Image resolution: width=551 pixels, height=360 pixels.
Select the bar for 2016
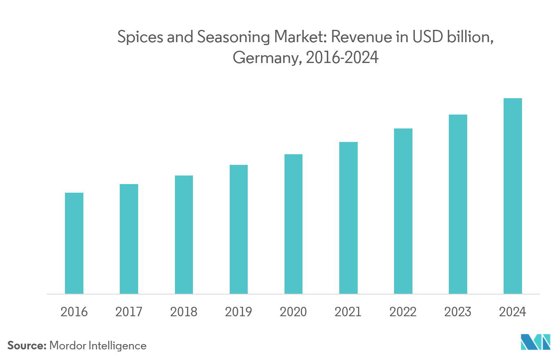pyautogui.click(x=74, y=243)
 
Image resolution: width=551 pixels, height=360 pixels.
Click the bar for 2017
pyautogui.click(x=129, y=239)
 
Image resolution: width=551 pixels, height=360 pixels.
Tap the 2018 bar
pyautogui.click(x=184, y=234)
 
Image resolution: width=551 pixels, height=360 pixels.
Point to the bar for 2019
pyautogui.click(x=239, y=229)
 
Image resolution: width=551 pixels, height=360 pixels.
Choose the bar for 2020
pyautogui.click(x=293, y=224)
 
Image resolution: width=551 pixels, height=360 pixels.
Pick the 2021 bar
pyautogui.click(x=348, y=218)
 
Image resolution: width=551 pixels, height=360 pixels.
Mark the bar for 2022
pyautogui.click(x=403, y=211)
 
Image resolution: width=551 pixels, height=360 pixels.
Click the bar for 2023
pyautogui.click(x=458, y=204)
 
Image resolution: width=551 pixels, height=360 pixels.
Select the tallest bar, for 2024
pyautogui.click(x=513, y=196)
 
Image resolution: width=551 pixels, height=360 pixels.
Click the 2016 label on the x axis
pyautogui.click(x=74, y=312)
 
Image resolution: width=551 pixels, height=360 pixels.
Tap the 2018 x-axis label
pyautogui.click(x=184, y=312)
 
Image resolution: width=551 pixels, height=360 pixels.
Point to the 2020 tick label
pyautogui.click(x=293, y=312)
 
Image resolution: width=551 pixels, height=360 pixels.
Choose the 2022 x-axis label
pyautogui.click(x=403, y=312)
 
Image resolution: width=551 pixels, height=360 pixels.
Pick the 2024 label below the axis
pyautogui.click(x=513, y=312)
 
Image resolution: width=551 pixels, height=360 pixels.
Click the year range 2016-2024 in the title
pyautogui.click(x=342, y=58)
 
